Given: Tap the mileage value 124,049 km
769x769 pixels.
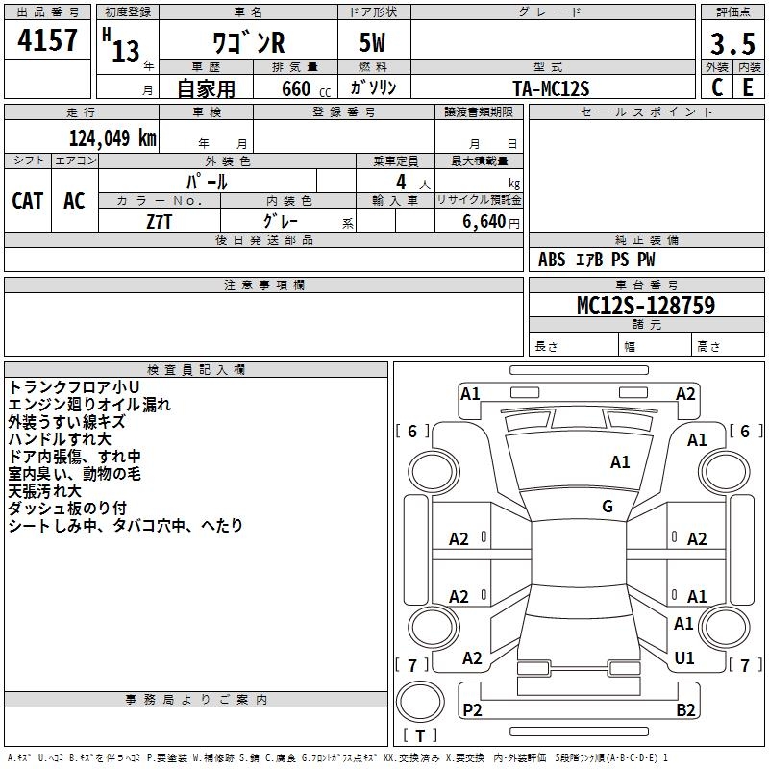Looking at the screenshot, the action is tap(112, 137).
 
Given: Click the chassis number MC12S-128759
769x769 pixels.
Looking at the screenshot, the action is tap(645, 306).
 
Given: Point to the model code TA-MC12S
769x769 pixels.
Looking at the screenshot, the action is tap(551, 87).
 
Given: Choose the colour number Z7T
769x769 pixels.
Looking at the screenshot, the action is tap(160, 221).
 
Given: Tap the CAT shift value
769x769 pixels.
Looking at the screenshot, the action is tap(28, 200).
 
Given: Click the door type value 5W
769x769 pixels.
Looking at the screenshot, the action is tap(373, 44).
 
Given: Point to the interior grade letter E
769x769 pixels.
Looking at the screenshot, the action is tap(747, 87).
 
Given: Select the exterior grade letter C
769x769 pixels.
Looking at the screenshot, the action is tap(717, 87).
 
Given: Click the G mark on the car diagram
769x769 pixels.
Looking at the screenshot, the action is tap(608, 506).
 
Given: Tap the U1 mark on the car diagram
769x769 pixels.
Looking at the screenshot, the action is tap(684, 658).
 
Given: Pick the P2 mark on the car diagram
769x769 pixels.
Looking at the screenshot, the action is tap(472, 709).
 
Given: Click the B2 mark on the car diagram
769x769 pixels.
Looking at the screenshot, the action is tap(685, 710).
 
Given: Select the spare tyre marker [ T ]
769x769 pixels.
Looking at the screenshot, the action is tap(420, 735).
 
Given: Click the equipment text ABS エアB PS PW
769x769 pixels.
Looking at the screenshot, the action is tap(597, 260).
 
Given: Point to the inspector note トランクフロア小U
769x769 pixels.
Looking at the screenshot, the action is tap(74, 386).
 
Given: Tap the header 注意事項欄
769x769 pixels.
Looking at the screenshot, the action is tap(263, 285).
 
